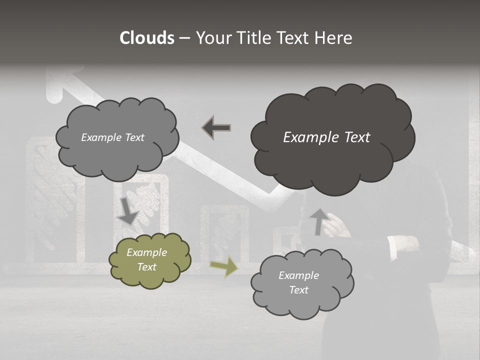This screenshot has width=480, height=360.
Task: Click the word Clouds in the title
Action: point(147,38)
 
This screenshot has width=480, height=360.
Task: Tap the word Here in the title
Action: point(334,38)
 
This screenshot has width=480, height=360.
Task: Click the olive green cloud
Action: point(149,260)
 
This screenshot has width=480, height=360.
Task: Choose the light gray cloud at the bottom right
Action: point(301,283)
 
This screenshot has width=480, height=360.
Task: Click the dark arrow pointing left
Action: point(216,127)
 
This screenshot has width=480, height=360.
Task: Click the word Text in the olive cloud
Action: point(146,267)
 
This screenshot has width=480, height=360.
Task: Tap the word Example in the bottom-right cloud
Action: point(298,275)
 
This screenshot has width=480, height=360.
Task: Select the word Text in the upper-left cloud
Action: point(133,137)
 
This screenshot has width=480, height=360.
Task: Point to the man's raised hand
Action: point(336,226)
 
